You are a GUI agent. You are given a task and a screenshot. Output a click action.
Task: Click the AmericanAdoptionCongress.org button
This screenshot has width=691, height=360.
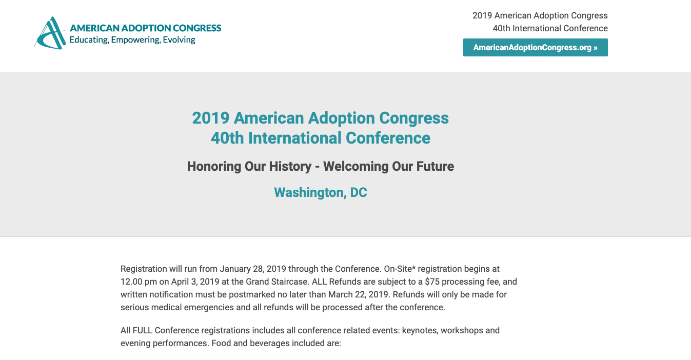click(x=535, y=48)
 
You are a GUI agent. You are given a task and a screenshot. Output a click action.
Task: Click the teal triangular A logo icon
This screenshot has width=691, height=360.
click(x=50, y=33)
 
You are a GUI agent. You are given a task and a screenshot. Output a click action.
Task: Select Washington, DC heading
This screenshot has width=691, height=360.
click(x=321, y=192)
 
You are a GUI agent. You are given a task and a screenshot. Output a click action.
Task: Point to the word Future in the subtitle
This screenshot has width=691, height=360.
click(x=435, y=167)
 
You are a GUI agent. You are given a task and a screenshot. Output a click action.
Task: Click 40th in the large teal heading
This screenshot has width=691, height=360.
click(x=227, y=138)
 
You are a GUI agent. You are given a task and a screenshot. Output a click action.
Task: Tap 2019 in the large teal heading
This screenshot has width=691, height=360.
click(x=211, y=118)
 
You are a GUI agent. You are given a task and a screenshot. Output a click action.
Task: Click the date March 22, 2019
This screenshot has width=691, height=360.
click(x=358, y=294)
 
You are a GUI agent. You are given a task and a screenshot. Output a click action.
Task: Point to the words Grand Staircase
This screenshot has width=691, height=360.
click(x=278, y=282)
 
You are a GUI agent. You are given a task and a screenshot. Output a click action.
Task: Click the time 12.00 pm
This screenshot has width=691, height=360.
click(x=139, y=282)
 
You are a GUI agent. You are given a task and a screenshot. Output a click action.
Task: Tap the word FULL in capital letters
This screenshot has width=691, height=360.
click(x=143, y=330)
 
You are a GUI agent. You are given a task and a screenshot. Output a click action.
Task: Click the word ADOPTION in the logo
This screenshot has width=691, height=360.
click(x=146, y=28)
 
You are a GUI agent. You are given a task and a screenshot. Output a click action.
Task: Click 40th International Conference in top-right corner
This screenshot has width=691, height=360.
click(x=550, y=28)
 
